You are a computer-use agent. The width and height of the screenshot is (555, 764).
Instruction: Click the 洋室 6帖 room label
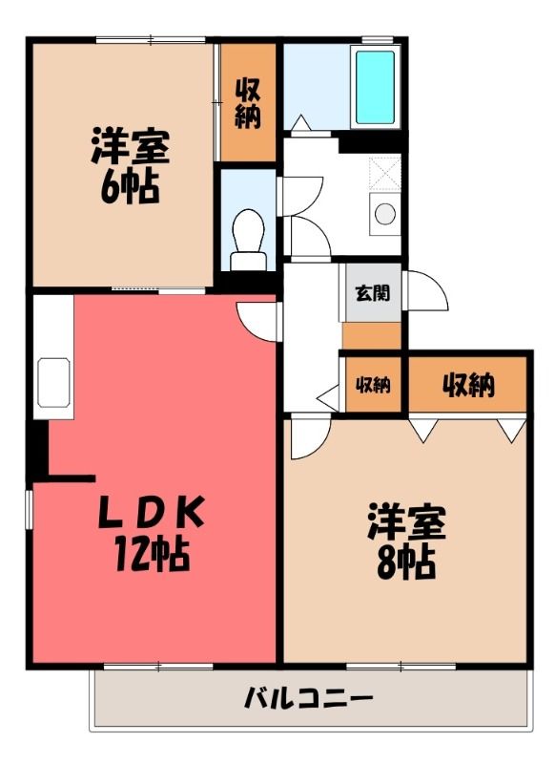click(130, 165)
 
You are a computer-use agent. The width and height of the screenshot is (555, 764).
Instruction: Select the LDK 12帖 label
click(152, 533)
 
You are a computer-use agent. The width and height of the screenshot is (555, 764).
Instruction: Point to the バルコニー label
click(308, 700)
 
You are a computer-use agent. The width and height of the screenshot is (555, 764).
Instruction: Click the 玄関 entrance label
click(373, 293)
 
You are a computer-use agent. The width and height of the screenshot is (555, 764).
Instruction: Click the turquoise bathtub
click(375, 88)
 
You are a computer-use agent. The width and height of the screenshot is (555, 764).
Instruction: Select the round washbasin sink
click(385, 214)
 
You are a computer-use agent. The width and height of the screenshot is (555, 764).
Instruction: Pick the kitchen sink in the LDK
click(53, 383)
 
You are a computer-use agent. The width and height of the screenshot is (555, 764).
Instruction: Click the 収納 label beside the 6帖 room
click(248, 103)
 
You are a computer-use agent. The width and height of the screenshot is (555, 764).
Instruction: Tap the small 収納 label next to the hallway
click(373, 386)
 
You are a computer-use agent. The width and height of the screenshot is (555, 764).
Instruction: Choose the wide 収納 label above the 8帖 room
click(468, 385)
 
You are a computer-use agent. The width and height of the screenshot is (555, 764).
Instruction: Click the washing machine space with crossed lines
click(384, 173)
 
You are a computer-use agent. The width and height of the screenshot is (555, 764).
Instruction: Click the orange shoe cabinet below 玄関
click(372, 335)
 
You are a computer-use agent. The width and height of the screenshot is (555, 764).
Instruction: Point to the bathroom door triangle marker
click(301, 122)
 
